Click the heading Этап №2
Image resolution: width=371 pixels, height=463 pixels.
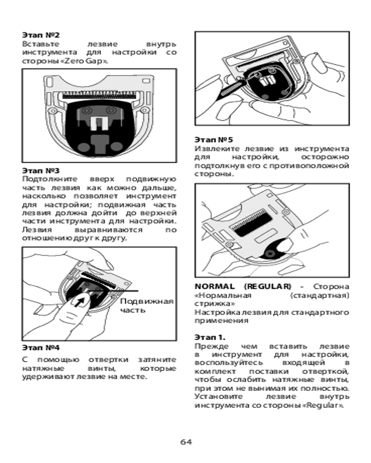click(x=41, y=35)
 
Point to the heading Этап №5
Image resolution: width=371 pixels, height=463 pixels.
click(x=214, y=139)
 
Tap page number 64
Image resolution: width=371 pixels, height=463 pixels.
click(x=186, y=441)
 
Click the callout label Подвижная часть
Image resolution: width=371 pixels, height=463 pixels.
click(x=147, y=306)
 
